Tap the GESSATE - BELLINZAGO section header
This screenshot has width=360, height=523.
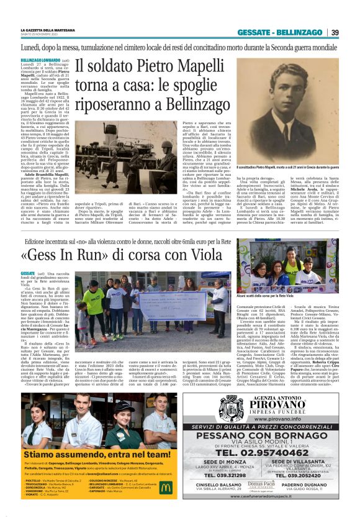click(291, 32)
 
